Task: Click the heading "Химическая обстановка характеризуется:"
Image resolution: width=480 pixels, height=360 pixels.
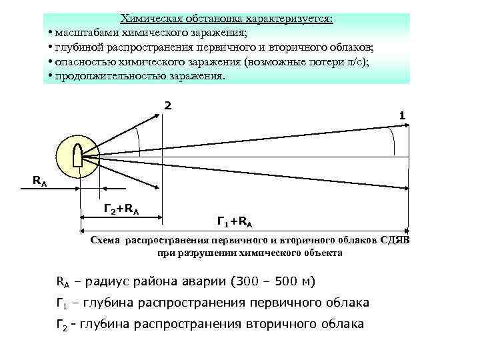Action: click(x=227, y=19)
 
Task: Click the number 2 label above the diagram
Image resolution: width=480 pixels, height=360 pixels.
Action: click(x=168, y=105)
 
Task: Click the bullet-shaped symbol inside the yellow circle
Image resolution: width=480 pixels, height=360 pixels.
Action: click(x=77, y=157)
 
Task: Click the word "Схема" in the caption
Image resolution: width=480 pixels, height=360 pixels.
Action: click(x=106, y=240)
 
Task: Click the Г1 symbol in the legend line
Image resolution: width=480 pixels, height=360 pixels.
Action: click(x=61, y=303)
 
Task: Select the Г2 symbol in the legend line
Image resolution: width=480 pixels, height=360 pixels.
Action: click(x=61, y=325)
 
